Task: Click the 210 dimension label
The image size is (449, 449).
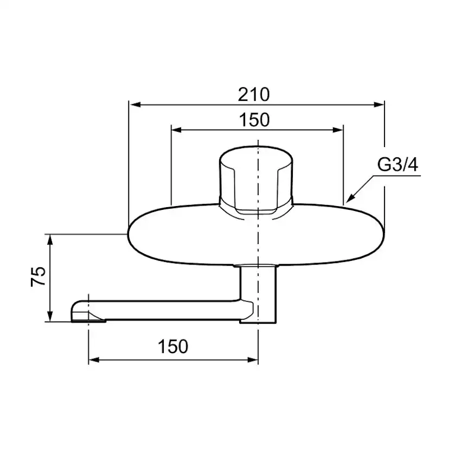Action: click(x=254, y=94)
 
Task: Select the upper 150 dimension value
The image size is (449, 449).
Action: click(x=254, y=120)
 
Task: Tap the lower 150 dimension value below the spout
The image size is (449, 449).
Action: click(x=173, y=347)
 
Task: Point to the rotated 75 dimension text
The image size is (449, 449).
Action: click(x=38, y=277)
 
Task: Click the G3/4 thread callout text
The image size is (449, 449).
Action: click(x=397, y=164)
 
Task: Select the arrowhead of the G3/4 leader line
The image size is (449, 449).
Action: click(x=350, y=198)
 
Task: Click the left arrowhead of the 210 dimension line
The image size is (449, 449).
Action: click(x=135, y=105)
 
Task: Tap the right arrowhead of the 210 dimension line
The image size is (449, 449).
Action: click(x=378, y=105)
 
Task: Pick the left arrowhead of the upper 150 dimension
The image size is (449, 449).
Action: click(x=177, y=130)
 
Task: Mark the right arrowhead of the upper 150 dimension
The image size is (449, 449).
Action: click(x=337, y=130)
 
